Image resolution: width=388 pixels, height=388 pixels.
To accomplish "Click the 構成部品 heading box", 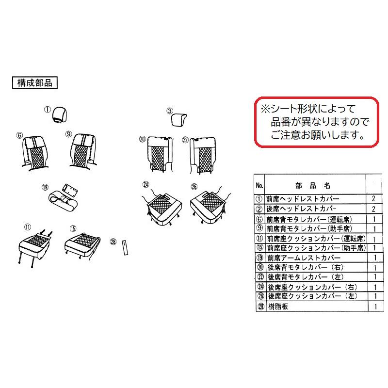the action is point(34,82).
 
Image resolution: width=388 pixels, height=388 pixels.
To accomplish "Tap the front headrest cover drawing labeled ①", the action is point(60,114).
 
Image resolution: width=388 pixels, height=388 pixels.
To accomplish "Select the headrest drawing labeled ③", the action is point(178,120).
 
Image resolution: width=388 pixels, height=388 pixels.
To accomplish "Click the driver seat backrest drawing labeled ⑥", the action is point(35,153).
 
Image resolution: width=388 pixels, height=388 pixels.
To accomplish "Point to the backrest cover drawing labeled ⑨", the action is point(83,151).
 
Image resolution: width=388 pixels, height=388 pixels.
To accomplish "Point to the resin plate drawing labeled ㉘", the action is point(125,247).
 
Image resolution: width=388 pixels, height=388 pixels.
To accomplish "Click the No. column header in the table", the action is point(259,185).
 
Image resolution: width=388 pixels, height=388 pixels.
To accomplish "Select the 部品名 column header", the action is point(313,186).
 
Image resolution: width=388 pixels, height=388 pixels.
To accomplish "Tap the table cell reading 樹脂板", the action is point(278,307).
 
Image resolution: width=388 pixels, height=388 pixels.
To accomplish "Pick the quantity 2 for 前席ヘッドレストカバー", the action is point(373,199).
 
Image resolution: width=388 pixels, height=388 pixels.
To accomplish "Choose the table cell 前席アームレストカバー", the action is point(304,258).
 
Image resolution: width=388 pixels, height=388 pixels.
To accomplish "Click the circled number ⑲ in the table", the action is point(260,258).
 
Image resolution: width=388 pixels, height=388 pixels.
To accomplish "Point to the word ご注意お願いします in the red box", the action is point(318,135).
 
